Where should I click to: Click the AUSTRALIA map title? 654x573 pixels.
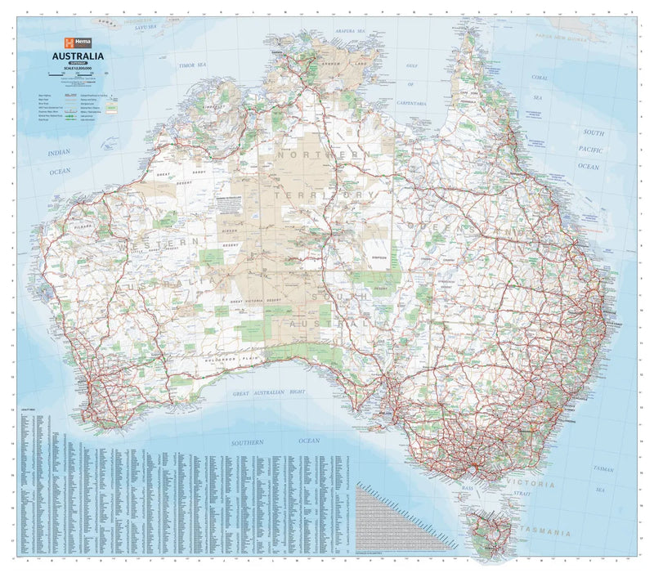(x=74, y=56)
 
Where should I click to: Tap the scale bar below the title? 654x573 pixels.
(x=72, y=75)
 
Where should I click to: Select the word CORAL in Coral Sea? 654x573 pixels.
(x=539, y=78)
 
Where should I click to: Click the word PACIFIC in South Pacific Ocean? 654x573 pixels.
(x=589, y=150)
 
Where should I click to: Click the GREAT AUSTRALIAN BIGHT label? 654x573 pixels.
(x=269, y=393)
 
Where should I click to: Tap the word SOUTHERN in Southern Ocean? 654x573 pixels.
(x=247, y=441)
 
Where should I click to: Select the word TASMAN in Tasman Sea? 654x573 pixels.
(x=603, y=469)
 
